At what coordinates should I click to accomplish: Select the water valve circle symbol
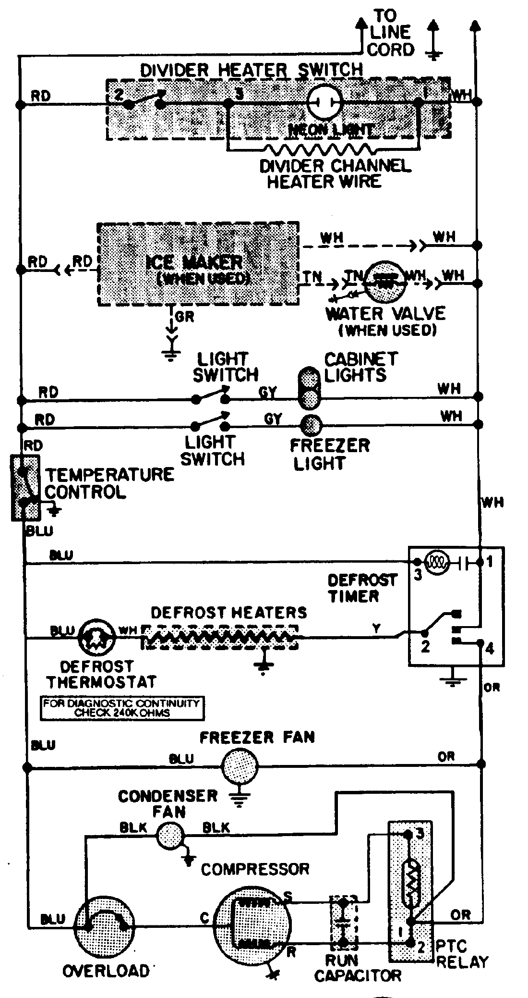[x=383, y=282]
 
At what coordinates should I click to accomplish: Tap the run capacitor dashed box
[x=343, y=923]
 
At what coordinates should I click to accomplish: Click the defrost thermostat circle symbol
[x=96, y=638]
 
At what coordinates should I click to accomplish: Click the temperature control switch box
[x=24, y=488]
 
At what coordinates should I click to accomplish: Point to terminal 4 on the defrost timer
[x=489, y=649]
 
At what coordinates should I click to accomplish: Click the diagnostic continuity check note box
[x=122, y=708]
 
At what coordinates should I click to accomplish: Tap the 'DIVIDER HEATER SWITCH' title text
[x=252, y=70]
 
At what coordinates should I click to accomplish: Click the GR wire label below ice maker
[x=185, y=318]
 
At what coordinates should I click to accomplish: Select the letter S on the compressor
[x=288, y=896]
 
